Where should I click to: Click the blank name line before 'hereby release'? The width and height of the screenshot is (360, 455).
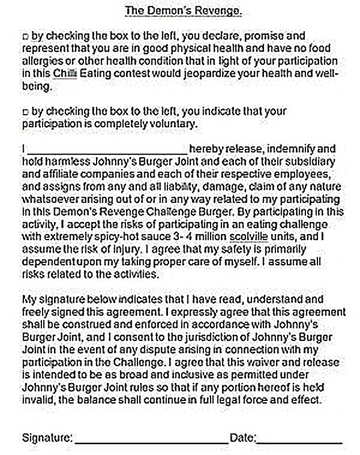point(107,149)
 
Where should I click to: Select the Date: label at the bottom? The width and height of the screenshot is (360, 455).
point(243,438)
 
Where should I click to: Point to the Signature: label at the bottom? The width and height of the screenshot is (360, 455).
point(47,438)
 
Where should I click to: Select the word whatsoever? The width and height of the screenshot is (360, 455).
point(48,199)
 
